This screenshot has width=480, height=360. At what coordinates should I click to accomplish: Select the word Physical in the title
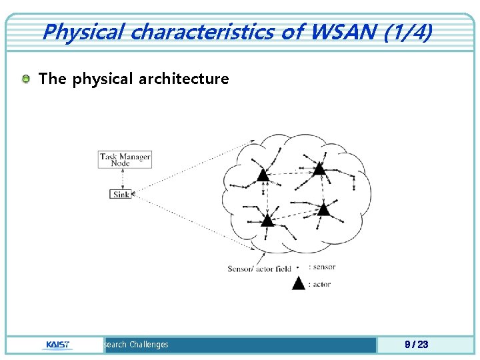tap(74, 31)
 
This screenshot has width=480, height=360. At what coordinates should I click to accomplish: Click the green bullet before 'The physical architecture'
tap(25, 79)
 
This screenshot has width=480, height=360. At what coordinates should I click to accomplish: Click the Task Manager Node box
tap(125, 160)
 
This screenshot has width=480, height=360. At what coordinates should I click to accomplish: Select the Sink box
tap(121, 194)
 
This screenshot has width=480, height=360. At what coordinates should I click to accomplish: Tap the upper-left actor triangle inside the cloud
tap(263, 175)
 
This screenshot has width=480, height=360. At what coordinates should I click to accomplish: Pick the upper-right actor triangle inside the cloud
tap(319, 168)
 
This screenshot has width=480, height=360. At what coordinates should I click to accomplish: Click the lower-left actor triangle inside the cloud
tap(267, 219)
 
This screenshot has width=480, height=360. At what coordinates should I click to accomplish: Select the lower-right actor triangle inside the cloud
tap(323, 209)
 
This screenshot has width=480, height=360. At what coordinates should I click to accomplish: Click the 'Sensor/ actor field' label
tap(259, 269)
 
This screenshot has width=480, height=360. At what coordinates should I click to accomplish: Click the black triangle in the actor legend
tap(299, 283)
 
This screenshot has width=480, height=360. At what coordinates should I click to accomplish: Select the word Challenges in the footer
tap(149, 345)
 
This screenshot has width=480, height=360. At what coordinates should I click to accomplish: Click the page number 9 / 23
tap(417, 345)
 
